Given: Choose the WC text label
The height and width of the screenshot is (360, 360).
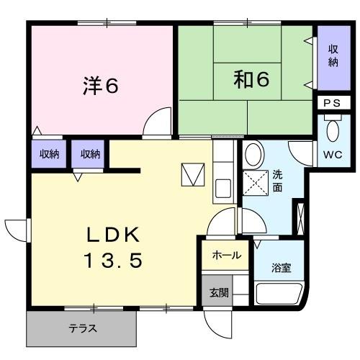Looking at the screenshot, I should pyautogui.click(x=332, y=155).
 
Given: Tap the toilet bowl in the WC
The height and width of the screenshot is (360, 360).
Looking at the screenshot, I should pyautogui.click(x=332, y=131).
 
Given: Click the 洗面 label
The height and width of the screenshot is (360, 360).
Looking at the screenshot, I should pyautogui.click(x=277, y=181).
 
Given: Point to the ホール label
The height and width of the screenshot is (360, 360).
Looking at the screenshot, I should pyautogui.click(x=226, y=255).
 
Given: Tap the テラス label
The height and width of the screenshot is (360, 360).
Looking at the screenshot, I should pyautogui.click(x=83, y=329).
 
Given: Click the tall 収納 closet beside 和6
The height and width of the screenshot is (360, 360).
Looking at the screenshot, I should pyautogui.click(x=333, y=56).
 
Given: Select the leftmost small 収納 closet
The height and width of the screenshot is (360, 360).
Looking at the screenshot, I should pyautogui.click(x=49, y=154).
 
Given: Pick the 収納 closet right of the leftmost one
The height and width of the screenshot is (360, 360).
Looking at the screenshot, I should pyautogui.click(x=90, y=154).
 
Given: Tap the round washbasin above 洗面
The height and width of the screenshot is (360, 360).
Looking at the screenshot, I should pyautogui.click(x=253, y=154).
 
